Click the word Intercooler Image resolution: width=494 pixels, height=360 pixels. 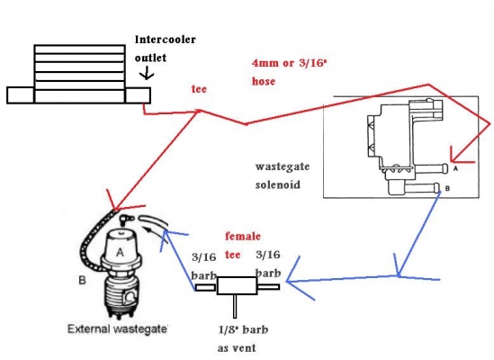tap(165, 40)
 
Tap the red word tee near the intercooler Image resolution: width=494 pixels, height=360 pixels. tap(199, 89)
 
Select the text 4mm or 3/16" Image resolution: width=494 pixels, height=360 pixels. tap(289, 63)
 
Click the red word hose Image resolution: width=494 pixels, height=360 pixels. tap(264, 81)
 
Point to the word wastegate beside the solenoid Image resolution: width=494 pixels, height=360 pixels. tap(283, 166)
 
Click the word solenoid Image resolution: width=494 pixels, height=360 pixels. tap(277, 184)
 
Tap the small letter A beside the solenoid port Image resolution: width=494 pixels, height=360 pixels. tap(455, 168)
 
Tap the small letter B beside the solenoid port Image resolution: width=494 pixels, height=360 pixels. tap(447, 188)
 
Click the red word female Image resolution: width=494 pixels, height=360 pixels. tap(243, 236)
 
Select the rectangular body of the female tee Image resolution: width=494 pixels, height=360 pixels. tap(237, 285)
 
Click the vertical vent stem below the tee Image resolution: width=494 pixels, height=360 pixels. tap(235, 306)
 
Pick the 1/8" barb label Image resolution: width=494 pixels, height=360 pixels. tap(243, 329)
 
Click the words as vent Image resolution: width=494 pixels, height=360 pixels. tap(237, 348)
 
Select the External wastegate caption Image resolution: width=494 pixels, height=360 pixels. tap(117, 329)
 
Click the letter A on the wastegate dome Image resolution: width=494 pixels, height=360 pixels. tap(120, 253)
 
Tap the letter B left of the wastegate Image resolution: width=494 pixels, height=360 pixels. tap(82, 280)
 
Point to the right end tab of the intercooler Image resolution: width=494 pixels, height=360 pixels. tap(138, 95)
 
